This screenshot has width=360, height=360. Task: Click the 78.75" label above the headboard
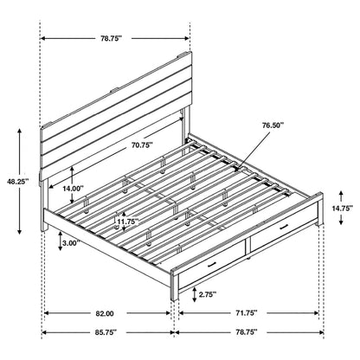click(114, 37)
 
